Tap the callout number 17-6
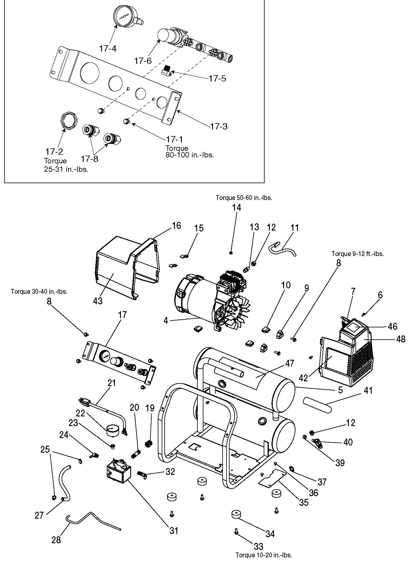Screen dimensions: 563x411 tap(143, 61)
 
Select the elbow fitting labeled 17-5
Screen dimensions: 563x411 tap(166, 72)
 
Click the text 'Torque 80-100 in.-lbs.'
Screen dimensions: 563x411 tap(189, 152)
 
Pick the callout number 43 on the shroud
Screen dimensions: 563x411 tap(98, 301)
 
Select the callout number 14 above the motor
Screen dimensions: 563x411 tap(237, 207)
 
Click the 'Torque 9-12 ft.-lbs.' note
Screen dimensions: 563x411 tap(357, 254)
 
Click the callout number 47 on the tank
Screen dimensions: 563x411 tap(290, 364)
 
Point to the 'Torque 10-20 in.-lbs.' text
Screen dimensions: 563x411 tap(263, 555)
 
